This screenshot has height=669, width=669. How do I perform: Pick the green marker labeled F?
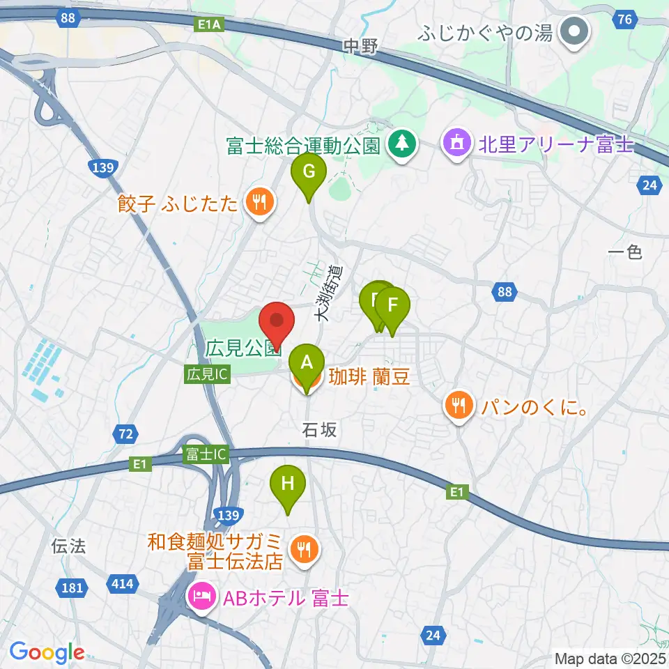pyautogui.click(x=393, y=306)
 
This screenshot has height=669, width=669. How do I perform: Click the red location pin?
pyautogui.click(x=277, y=322)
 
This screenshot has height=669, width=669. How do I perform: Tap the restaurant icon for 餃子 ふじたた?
pyautogui.click(x=260, y=203)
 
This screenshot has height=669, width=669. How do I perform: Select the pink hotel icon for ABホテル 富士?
pyautogui.click(x=201, y=597)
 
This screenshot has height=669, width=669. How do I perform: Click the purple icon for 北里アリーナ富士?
pyautogui.click(x=456, y=144)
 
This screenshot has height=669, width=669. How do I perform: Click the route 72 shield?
pyautogui.click(x=125, y=435)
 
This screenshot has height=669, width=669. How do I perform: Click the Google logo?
pyautogui.click(x=47, y=652)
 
